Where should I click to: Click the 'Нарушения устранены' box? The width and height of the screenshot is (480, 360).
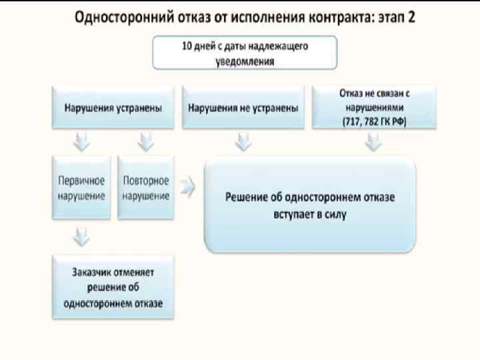[x=114, y=107]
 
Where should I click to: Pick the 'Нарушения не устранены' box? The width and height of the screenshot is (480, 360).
[x=243, y=107]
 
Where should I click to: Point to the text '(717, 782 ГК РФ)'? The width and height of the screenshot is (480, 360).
[x=373, y=120]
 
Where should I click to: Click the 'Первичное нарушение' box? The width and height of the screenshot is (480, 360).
[x=82, y=188]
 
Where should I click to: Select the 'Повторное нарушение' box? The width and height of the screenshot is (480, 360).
[x=146, y=188]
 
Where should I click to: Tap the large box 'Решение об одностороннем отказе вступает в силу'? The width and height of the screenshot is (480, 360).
[x=310, y=205]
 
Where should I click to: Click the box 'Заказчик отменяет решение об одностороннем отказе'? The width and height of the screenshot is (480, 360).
[x=114, y=287]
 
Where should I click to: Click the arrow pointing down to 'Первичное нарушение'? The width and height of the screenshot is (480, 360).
[x=82, y=143]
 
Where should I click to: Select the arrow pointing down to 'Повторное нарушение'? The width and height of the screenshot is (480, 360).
[x=146, y=143]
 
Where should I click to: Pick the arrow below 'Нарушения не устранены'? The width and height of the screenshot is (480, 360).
[x=243, y=143]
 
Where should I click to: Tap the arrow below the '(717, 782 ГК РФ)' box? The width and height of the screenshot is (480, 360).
[x=373, y=143]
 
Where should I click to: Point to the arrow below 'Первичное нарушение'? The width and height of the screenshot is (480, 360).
[x=82, y=235]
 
